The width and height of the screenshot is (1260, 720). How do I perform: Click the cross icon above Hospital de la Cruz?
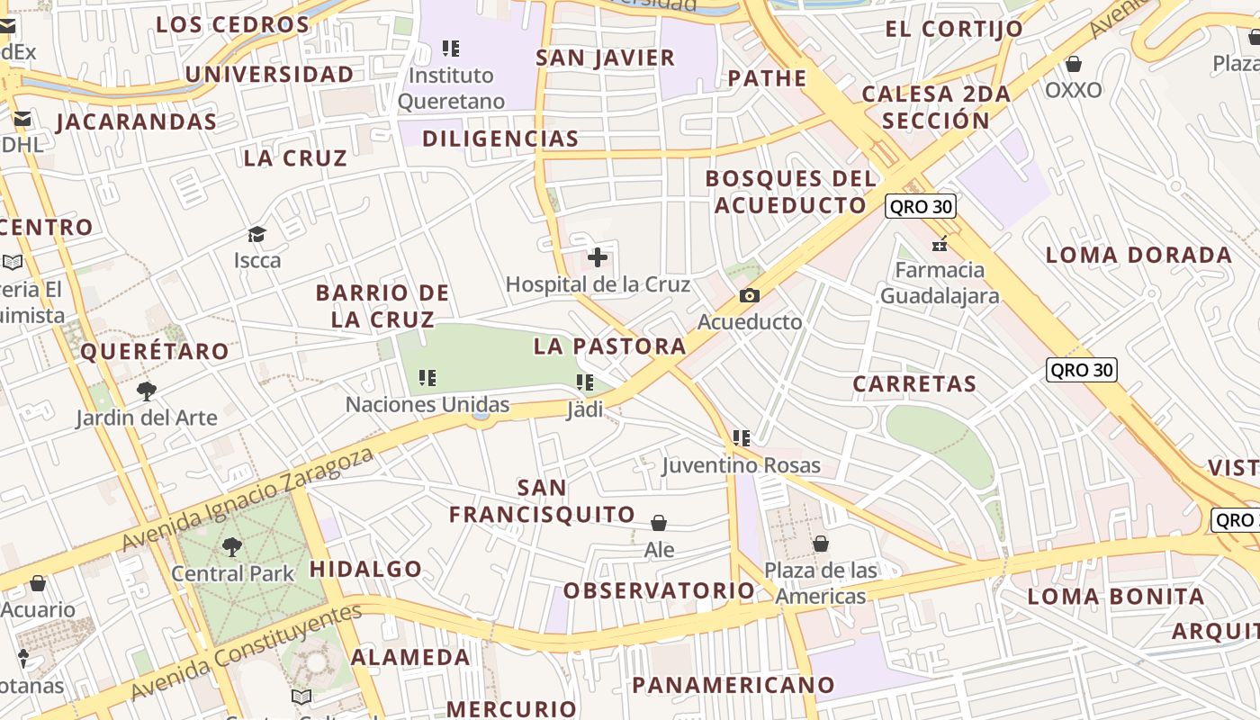coord(598,258)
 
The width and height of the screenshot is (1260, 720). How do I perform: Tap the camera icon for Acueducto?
coord(749,295)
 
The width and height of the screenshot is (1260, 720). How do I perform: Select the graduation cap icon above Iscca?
coord(257,235)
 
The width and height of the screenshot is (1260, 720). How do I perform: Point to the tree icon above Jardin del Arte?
coord(147,391)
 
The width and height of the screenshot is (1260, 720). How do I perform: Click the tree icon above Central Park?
coord(232,546)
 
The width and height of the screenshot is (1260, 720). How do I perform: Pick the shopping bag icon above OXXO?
coord(1073,64)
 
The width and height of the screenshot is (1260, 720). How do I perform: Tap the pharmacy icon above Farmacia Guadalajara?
coord(940,244)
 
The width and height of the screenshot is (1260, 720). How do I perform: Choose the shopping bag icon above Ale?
coord(659,523)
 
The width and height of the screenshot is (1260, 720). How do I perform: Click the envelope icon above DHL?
coord(22,119)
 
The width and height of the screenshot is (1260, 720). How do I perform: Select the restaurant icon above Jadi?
coord(585,383)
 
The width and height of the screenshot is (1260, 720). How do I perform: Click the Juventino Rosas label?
coord(742,465)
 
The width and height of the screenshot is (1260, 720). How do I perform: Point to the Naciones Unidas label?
coord(427,405)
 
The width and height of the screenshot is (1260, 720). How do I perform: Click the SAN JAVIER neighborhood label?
coord(605,58)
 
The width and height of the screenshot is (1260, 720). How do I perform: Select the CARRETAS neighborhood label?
coord(914,384)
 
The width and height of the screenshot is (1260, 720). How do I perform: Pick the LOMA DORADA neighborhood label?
coord(1138,255)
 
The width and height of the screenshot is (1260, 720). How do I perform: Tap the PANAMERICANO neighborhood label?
coord(733,685)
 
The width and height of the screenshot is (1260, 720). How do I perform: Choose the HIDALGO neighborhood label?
coord(365,569)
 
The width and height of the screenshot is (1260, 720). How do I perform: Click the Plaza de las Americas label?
coord(820,583)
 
